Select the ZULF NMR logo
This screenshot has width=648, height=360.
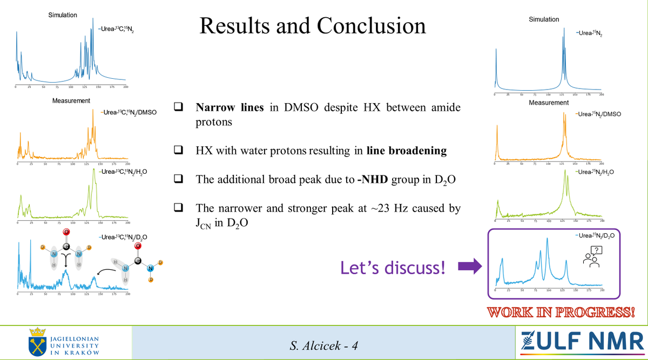[580, 341]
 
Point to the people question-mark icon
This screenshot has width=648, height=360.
[592, 256]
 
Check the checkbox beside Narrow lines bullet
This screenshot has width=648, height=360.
[178, 107]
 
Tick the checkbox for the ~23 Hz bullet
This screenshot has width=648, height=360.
[178, 207]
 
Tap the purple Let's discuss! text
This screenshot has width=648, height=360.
[393, 267]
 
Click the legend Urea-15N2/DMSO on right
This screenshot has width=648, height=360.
[598, 114]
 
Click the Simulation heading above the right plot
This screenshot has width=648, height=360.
[544, 19]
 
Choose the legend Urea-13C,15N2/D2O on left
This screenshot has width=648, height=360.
[124, 237]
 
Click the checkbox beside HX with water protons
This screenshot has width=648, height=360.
[178, 150]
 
